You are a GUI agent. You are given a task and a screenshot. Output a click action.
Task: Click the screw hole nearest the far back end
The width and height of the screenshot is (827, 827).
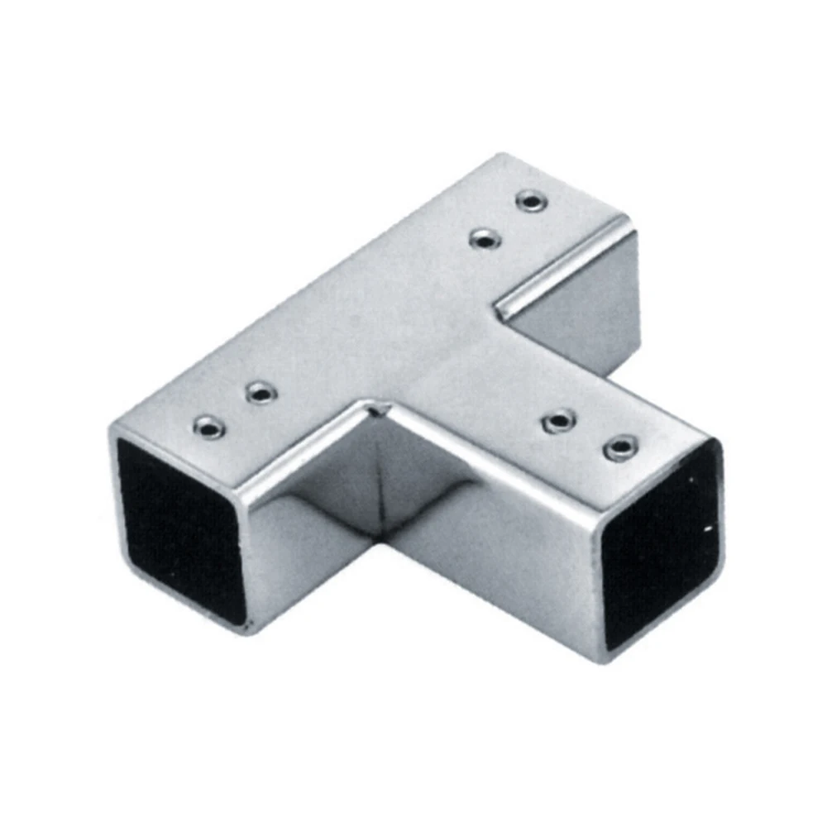[530, 201]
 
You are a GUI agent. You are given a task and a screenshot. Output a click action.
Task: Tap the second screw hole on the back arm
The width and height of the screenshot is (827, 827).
[485, 240]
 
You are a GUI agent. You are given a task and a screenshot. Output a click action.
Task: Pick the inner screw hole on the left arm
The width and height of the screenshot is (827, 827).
[261, 392]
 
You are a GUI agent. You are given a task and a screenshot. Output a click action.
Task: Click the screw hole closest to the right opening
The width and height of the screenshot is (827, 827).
[620, 450]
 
